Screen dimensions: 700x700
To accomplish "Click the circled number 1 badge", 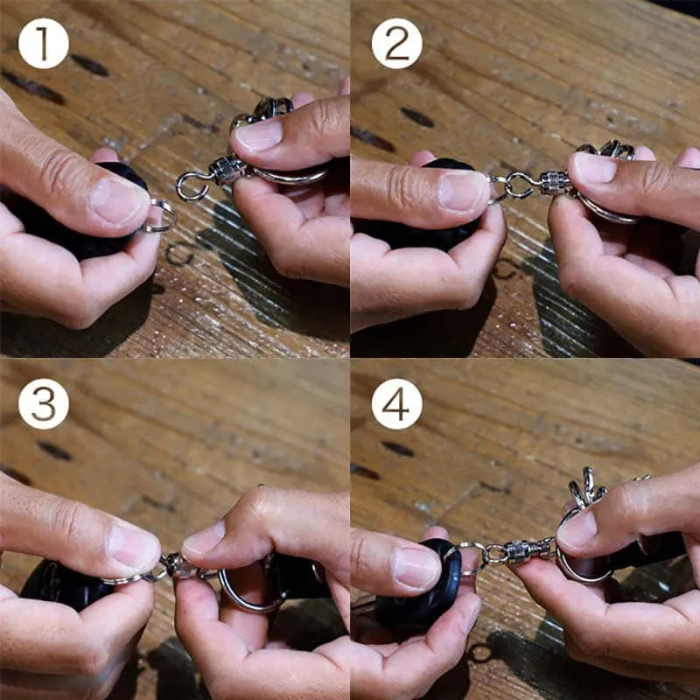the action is tap(43, 43).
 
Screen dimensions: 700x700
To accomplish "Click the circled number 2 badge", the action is tap(397, 43).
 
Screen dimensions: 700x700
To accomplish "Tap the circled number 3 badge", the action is tap(43, 404).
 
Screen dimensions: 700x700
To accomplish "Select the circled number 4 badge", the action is tap(397, 404).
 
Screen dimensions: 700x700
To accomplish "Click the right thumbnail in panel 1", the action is tap(259, 134).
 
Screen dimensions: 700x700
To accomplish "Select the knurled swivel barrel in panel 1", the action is tap(227, 170).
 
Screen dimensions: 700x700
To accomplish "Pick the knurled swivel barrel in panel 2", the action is tap(555, 182).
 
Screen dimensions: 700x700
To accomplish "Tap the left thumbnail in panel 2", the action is tap(462, 191).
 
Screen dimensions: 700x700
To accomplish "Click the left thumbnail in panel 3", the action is tap(134, 547).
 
